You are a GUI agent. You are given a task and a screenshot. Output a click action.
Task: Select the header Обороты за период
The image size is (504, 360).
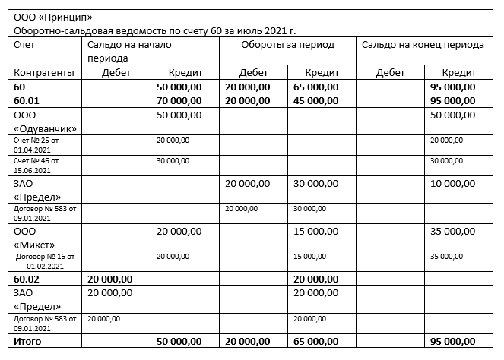coord(287,45)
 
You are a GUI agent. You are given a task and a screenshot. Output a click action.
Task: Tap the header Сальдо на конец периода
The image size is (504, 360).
coord(423,45)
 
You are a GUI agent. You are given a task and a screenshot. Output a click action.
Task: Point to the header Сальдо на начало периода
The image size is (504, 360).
coord(129,51)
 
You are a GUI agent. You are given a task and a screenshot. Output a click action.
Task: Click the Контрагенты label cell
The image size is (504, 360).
coord(43,72)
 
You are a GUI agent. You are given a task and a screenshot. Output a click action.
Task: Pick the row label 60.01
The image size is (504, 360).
coord(26,100)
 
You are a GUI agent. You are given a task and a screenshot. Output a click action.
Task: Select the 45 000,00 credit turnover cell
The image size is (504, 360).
coord(316,100)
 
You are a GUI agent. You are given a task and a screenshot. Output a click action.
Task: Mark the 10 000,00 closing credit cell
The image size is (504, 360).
coord(454,183)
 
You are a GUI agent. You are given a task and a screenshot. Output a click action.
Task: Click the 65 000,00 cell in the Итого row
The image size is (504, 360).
coord(316,343)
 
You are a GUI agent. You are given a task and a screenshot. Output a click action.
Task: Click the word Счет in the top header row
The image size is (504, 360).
coord(24,45)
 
